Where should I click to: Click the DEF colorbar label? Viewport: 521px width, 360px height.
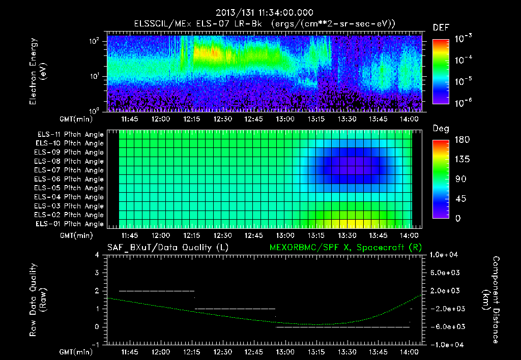[x=441, y=27]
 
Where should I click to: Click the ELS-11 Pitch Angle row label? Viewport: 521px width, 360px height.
[x=70, y=134]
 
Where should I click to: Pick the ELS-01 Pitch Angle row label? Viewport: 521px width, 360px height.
[x=70, y=224]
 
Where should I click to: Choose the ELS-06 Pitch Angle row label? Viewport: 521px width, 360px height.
[x=70, y=179]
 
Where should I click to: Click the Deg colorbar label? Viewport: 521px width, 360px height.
[x=441, y=129]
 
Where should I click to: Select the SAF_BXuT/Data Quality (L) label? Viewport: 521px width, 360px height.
[x=167, y=247]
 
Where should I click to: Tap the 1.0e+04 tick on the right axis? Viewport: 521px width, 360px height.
[x=445, y=254]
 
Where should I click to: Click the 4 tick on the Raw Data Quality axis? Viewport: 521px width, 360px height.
[x=98, y=254]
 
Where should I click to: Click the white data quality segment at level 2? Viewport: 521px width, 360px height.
[x=156, y=290]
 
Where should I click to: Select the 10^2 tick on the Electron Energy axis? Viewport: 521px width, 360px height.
[x=96, y=42]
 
